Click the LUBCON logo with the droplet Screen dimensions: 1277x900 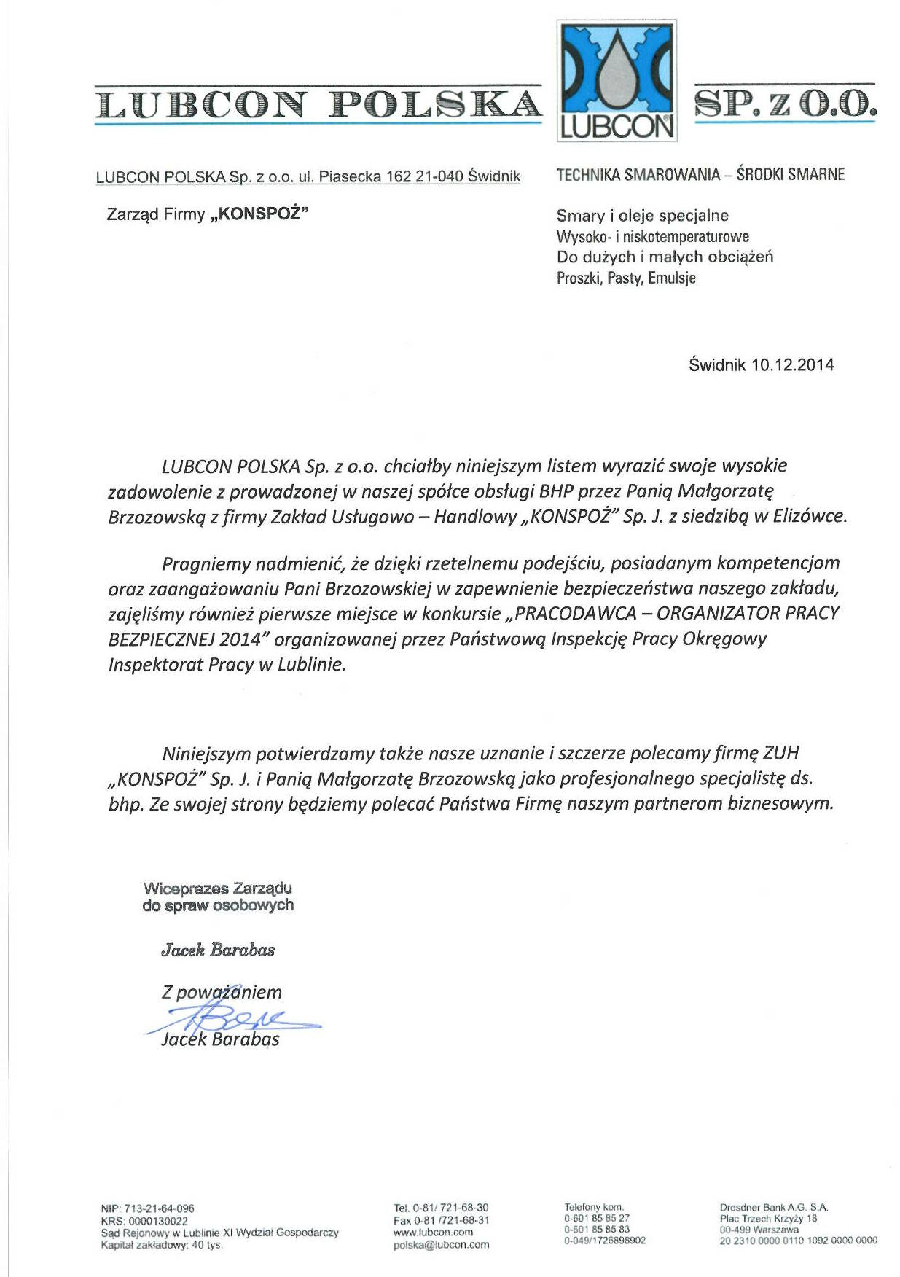click(617, 80)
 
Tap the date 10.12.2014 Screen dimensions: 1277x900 click(792, 365)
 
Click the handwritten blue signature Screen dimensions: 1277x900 click(233, 1016)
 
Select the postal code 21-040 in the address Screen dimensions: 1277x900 click(439, 176)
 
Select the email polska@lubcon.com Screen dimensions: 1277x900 click(441, 1244)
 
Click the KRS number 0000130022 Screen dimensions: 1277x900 click(157, 1220)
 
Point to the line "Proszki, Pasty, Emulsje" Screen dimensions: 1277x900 click(626, 278)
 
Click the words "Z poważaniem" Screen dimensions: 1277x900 click(222, 992)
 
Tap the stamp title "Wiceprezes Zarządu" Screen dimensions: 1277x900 click(218, 889)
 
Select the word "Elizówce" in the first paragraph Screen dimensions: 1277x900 click(809, 516)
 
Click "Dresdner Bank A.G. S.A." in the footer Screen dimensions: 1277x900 click(773, 1207)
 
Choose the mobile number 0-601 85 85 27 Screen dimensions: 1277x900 click(597, 1218)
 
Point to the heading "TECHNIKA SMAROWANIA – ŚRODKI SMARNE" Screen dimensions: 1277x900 click(700, 174)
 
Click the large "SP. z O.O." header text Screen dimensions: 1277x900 click(785, 103)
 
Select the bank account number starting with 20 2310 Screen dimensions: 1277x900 click(798, 1240)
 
